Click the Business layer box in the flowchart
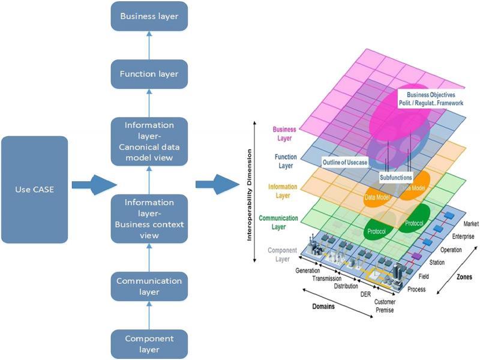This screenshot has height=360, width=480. [x=149, y=16]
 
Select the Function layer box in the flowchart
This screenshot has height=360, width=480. [x=149, y=74]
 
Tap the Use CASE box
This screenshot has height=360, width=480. [x=35, y=190]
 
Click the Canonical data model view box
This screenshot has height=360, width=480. [x=149, y=142]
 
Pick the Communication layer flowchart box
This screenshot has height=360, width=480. [x=149, y=286]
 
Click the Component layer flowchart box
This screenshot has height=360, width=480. [x=149, y=344]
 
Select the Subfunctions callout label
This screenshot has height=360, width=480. [x=396, y=178]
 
